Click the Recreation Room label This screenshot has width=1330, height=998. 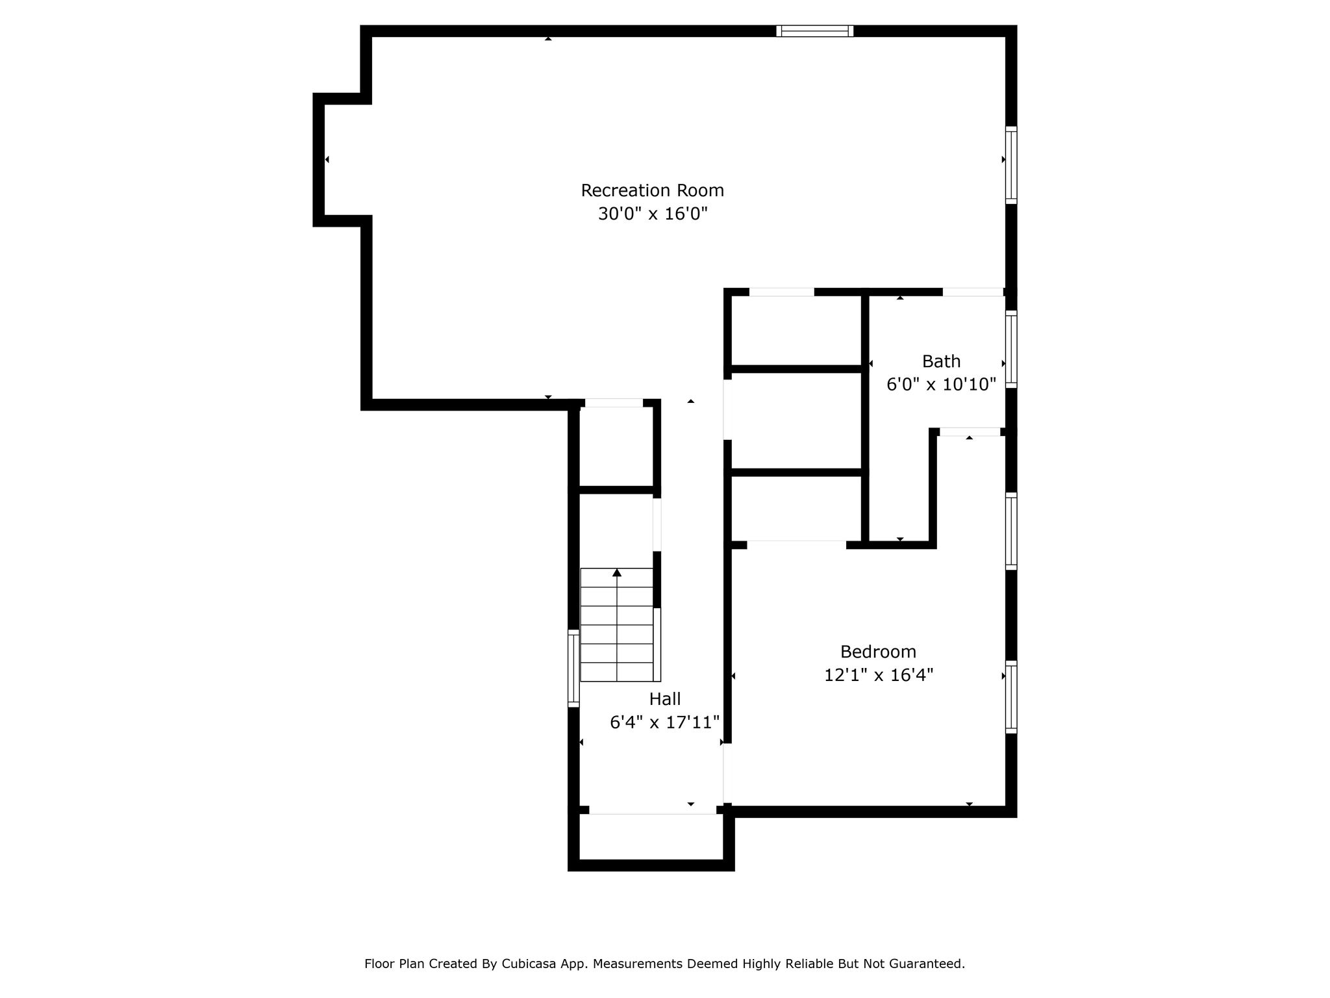point(652,190)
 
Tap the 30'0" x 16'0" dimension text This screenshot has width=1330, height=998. point(652,214)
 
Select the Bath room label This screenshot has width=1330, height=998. point(941,361)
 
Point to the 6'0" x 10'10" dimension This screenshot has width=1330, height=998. point(941,385)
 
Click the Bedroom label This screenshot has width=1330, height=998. point(878,652)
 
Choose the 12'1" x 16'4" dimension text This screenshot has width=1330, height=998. point(878,676)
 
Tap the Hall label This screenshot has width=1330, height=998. point(665,699)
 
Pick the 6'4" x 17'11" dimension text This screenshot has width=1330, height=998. point(665,723)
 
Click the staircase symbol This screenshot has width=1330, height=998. point(620,625)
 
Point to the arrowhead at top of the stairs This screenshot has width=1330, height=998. point(617,572)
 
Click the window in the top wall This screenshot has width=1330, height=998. point(814,31)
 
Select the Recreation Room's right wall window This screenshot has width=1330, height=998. point(1011,165)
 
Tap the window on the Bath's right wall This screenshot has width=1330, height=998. point(1011,350)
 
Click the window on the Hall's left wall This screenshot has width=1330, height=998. point(573,668)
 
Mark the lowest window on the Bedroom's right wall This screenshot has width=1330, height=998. point(1011,697)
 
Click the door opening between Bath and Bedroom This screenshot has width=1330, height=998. point(970,432)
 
